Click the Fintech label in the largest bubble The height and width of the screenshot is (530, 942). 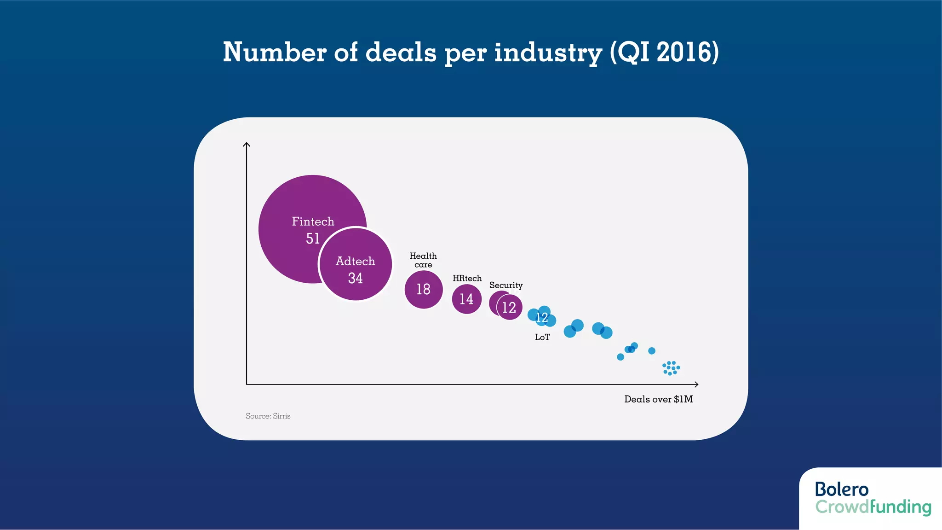313,221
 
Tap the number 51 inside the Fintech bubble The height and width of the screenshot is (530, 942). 313,239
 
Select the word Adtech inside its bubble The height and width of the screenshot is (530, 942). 355,261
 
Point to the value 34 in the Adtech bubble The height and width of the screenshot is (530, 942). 355,278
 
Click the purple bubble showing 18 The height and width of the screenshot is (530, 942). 423,289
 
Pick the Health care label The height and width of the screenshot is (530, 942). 423,260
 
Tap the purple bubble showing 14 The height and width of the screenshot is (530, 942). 466,299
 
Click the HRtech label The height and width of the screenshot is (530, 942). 467,278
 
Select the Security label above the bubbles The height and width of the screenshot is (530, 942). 505,285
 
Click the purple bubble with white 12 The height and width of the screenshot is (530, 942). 509,307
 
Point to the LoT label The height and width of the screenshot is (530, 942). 542,337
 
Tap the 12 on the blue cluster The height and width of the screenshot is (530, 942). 542,317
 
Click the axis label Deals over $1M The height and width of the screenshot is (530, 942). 658,399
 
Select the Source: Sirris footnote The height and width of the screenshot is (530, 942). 268,416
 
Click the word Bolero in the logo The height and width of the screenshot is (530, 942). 841,489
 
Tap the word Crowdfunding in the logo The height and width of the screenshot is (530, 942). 873,507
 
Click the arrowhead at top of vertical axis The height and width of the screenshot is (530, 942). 247,145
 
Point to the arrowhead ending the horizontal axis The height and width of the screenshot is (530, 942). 696,384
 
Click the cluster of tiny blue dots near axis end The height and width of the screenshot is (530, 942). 671,368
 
